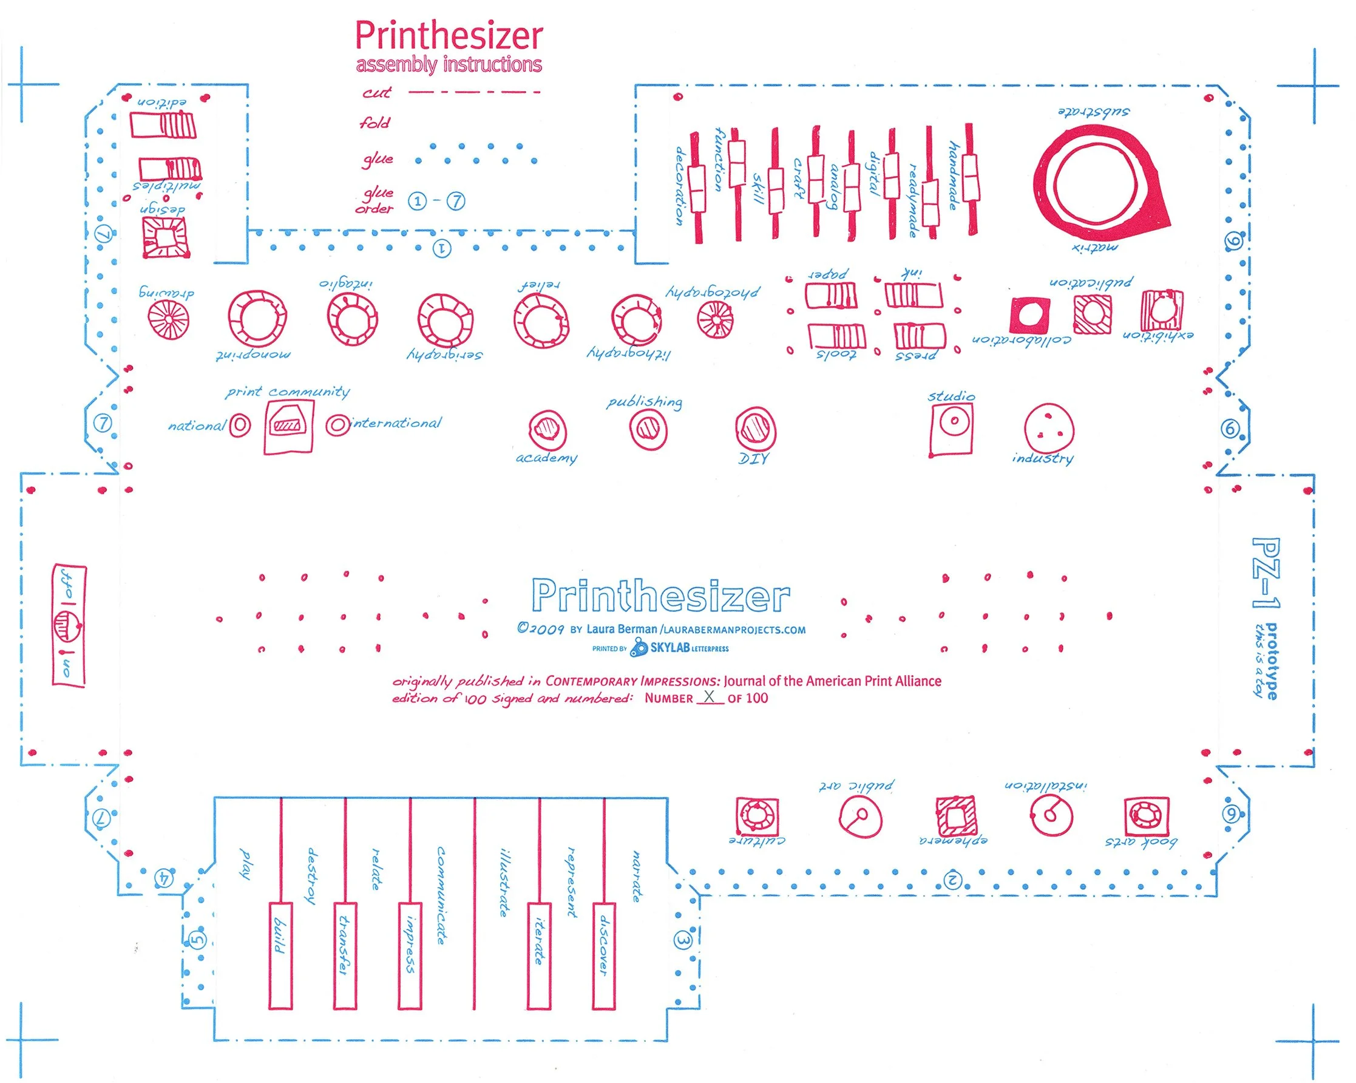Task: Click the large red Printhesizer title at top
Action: tap(449, 36)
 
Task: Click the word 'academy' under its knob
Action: tap(546, 458)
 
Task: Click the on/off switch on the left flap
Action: tap(69, 625)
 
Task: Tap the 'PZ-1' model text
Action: tap(1265, 573)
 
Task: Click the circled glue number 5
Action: tap(197, 940)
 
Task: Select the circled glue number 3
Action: tap(683, 941)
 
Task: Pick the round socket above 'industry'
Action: tap(1048, 429)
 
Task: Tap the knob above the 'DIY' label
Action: tap(755, 430)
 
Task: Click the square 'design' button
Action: tap(164, 237)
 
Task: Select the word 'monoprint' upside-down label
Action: tap(253, 355)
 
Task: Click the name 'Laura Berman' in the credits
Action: tap(622, 629)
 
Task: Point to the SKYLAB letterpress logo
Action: tap(679, 648)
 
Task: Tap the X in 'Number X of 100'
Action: tap(710, 697)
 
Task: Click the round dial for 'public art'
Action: tap(859, 817)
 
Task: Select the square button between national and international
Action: tap(288, 427)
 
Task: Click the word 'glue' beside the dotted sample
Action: tap(378, 159)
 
